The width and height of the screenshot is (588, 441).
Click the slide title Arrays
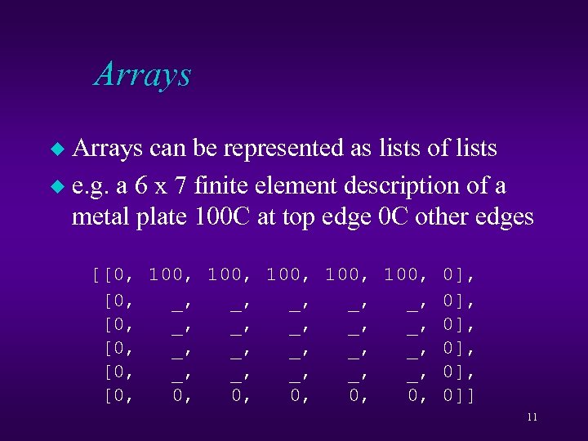pos(143,74)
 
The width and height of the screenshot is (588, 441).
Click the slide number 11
pos(532,417)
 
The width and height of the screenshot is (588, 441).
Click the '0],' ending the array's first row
pos(459,274)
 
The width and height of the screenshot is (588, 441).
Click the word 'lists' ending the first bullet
pos(474,149)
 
